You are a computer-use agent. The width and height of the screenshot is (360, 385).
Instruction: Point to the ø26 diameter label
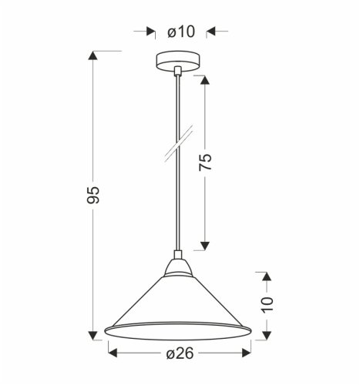point(178,353)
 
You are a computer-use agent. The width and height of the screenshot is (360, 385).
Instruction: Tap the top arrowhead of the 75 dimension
point(204,80)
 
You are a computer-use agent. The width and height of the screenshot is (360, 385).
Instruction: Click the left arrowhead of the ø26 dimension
point(110,353)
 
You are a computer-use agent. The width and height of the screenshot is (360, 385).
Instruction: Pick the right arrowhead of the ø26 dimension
point(247,353)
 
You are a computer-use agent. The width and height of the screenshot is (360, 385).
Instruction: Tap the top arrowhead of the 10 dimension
point(267,274)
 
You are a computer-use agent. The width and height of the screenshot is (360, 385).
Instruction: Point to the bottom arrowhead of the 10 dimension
point(267,334)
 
